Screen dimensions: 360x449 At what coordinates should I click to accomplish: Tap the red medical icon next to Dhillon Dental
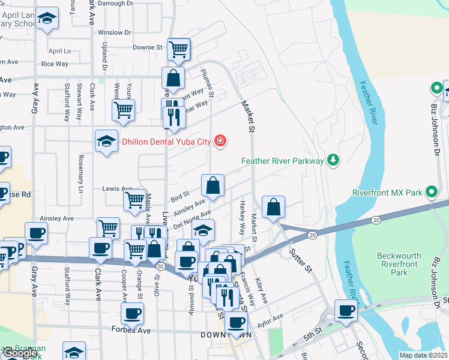pos(221,142)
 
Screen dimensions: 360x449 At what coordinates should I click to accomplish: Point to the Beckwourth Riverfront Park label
pos(397,264)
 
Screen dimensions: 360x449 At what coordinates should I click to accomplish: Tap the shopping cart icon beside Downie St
pos(179,49)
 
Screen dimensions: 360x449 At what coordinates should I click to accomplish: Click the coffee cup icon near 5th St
pos(346,310)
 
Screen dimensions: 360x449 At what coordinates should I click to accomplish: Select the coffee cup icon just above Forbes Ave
pos(132,313)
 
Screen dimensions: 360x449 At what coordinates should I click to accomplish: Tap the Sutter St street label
pos(302,259)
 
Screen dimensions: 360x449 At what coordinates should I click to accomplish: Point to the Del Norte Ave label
pos(192,220)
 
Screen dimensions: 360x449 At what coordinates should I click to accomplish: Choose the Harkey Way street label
pos(243,217)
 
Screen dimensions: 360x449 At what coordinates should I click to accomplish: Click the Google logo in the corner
pos(20,353)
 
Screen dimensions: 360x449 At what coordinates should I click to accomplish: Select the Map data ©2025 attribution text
pos(423,355)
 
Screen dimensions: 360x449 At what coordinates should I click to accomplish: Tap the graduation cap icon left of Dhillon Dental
pos(106,142)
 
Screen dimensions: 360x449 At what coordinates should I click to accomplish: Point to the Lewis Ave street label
pos(117,188)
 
